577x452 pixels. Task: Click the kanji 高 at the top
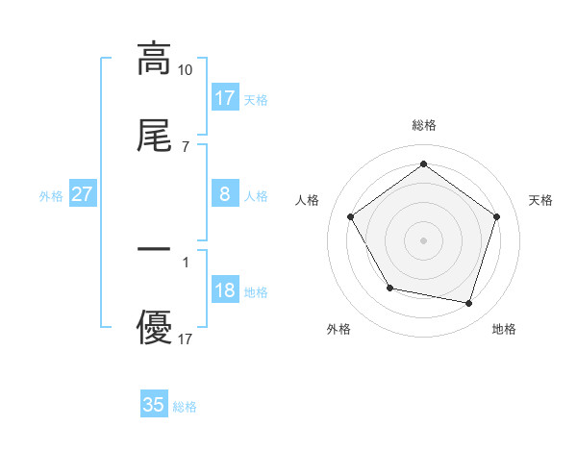154,59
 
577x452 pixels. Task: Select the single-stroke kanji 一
154,249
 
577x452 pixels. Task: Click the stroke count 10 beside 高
186,70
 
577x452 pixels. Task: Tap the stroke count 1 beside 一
186,261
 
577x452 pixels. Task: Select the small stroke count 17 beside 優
186,339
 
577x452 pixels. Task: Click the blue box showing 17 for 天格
225,98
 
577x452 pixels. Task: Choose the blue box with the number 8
225,194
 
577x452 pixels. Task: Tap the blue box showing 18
225,290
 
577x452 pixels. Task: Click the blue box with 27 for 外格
83,194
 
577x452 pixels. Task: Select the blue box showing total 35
154,405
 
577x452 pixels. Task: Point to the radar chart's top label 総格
424,125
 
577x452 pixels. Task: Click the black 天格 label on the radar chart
540,200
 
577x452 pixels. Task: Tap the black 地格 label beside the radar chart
504,329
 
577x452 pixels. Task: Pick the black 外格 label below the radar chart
339,329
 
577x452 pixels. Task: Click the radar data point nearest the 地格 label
468,303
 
